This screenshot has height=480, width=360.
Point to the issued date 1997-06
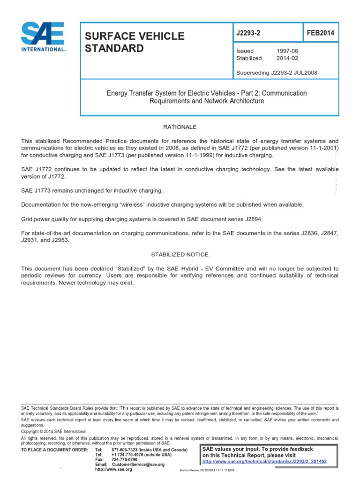coord(287,51)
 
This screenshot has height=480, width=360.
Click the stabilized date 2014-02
coord(287,59)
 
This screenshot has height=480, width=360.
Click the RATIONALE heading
coord(180,127)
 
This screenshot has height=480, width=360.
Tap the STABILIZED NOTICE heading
coord(180,255)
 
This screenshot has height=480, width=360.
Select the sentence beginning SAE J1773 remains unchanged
coord(92,191)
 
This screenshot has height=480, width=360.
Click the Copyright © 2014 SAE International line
coord(53,431)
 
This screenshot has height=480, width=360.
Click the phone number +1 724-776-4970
coord(129,455)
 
